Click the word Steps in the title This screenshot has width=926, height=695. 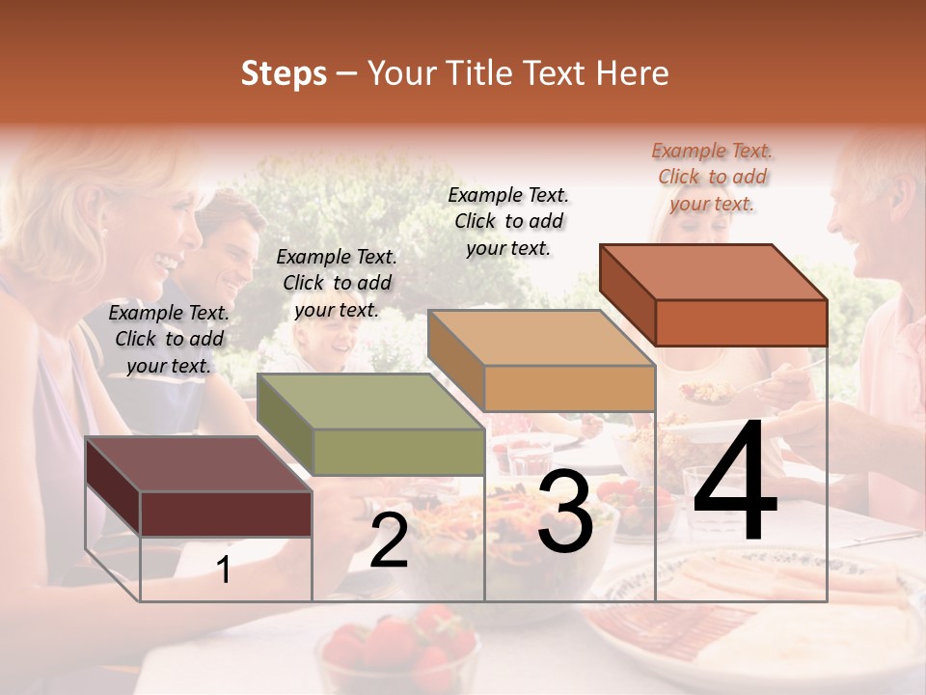[x=284, y=73]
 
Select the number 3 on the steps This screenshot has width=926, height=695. [x=565, y=512]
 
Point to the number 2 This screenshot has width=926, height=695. [x=389, y=542]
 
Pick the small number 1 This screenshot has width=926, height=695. [x=223, y=570]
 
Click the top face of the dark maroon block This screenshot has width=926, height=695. [x=198, y=464]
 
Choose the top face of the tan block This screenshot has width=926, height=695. [x=541, y=338]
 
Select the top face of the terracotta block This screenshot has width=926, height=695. [x=713, y=272]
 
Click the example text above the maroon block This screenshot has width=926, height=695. [x=170, y=339]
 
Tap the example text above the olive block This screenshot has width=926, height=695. [x=337, y=283]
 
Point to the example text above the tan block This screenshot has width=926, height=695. [x=508, y=221]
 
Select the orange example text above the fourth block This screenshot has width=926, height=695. [x=712, y=177]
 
